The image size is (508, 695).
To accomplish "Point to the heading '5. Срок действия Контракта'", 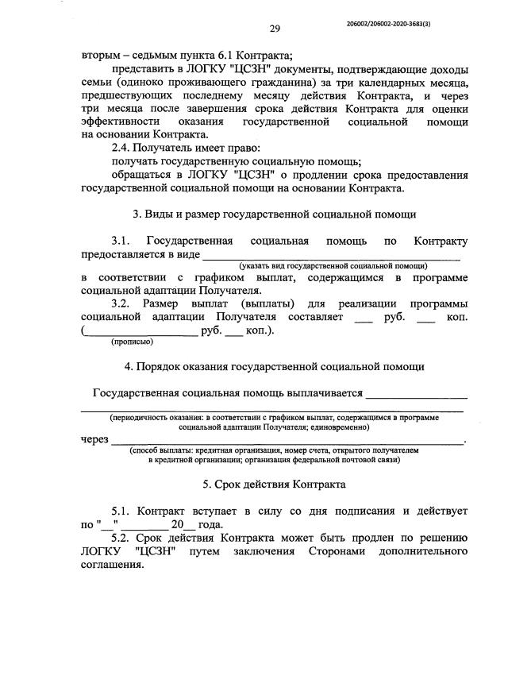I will pyautogui.click(x=274, y=483).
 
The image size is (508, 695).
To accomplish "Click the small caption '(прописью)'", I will pyautogui.click(x=132, y=342).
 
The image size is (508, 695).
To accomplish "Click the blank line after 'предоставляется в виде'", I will pyautogui.click(x=333, y=255).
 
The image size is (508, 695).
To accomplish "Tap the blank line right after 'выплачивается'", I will pyautogui.click(x=416, y=393).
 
